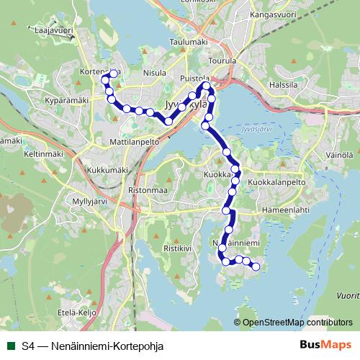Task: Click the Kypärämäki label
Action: pos(66,100)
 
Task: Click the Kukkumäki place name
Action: pos(107,170)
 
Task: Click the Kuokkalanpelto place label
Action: pos(277,183)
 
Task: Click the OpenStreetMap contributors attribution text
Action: pos(297,322)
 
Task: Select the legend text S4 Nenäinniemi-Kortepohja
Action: pos(93,346)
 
